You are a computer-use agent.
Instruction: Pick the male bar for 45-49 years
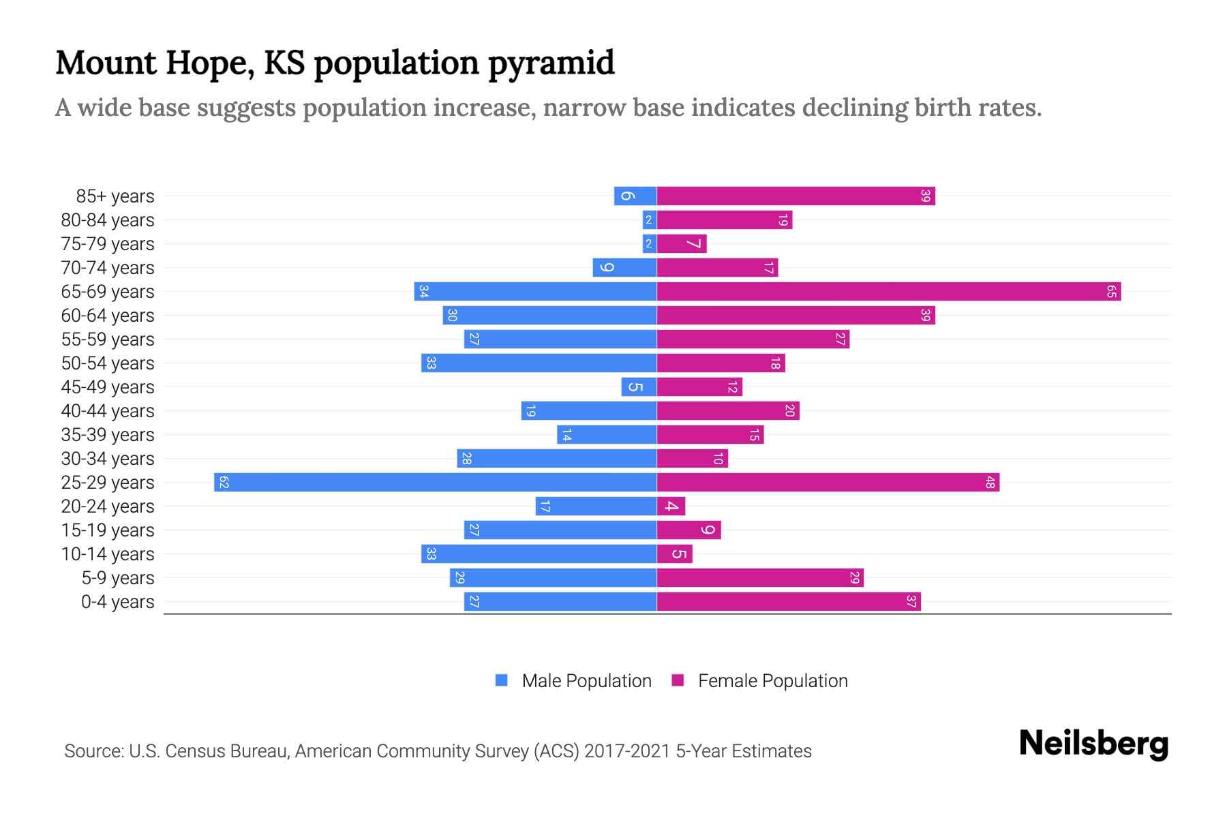pyautogui.click(x=639, y=387)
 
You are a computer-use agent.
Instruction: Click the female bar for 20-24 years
pyautogui.click(x=671, y=506)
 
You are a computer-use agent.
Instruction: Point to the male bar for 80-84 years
pyautogui.click(x=649, y=220)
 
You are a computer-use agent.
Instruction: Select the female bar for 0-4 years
pyautogui.click(x=788, y=602)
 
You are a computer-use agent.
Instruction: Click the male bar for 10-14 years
pyautogui.click(x=539, y=554)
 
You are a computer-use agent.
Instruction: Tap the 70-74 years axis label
pyautogui.click(x=108, y=268)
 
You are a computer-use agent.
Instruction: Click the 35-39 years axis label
pyautogui.click(x=108, y=435)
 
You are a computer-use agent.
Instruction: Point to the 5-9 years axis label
pyautogui.click(x=118, y=578)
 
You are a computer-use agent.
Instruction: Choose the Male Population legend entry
pyautogui.click(x=586, y=681)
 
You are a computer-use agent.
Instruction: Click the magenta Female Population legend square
pyautogui.click(x=678, y=680)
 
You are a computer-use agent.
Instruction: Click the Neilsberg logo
pyautogui.click(x=1093, y=744)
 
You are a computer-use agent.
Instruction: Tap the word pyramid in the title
pyautogui.click(x=551, y=63)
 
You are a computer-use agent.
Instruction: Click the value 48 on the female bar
pyautogui.click(x=990, y=483)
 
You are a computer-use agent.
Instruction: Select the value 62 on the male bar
pyautogui.click(x=224, y=483)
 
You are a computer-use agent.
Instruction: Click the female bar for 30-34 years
pyautogui.click(x=692, y=459)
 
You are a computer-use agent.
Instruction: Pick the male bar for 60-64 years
pyautogui.click(x=549, y=316)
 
